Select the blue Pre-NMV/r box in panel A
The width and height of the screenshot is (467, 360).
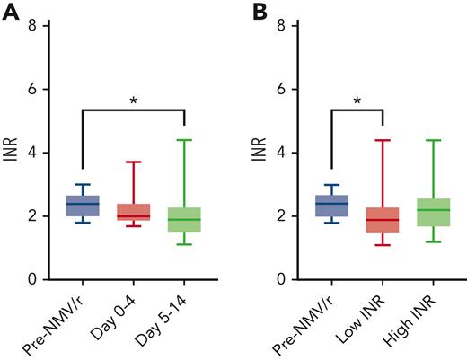(82, 206)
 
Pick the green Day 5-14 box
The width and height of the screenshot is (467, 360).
(184, 219)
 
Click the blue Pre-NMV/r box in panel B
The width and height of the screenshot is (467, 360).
(331, 206)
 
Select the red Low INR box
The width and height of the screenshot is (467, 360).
(383, 220)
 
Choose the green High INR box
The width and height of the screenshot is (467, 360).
(434, 212)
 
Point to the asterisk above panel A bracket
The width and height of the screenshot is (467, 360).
(133, 101)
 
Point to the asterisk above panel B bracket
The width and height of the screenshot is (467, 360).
(357, 101)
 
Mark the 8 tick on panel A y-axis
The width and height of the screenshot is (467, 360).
(34, 26)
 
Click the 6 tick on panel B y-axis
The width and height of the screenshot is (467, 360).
(282, 90)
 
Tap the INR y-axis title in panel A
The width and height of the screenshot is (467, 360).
(12, 153)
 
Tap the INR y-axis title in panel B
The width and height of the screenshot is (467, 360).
(260, 153)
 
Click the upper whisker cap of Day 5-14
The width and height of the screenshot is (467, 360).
(184, 140)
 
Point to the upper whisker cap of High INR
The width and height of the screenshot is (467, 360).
(434, 140)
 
